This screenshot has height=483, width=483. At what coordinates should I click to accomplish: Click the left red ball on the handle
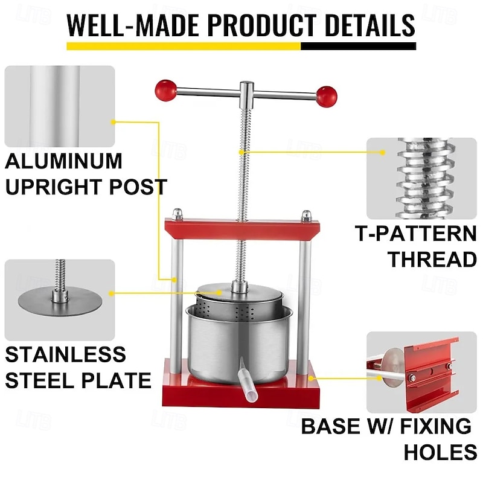click(165, 90)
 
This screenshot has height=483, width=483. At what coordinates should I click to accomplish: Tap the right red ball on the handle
click(327, 95)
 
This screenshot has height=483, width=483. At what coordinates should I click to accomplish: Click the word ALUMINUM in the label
click(63, 162)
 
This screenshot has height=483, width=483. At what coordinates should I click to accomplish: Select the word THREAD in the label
click(432, 259)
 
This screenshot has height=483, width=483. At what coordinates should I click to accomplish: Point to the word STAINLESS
click(66, 354)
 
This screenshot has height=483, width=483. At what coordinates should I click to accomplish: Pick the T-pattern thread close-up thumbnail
click(421, 178)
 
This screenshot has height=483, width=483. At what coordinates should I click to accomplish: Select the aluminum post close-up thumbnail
click(59, 106)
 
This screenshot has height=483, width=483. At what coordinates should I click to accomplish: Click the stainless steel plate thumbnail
click(59, 299)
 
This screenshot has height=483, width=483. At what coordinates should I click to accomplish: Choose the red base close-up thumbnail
click(421, 372)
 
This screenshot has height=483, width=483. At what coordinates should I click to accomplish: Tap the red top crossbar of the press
click(241, 229)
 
